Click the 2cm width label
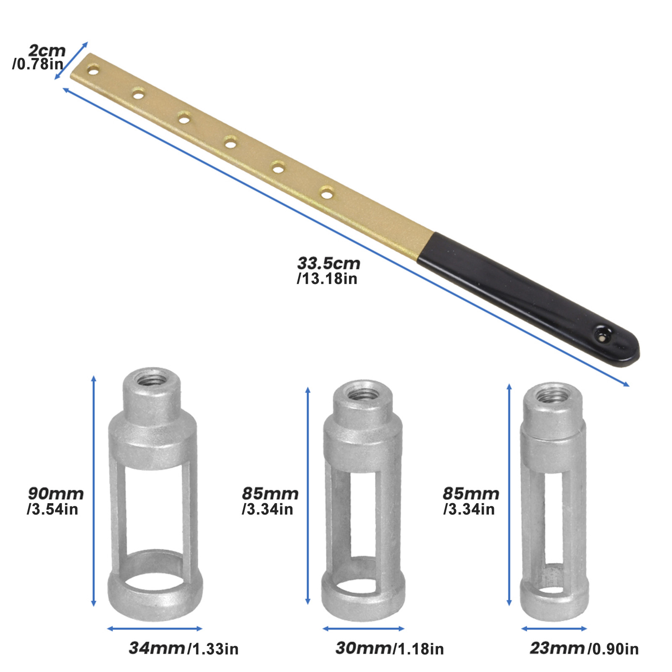pos(47,51)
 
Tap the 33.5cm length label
pos(328,263)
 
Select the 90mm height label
pos(56,493)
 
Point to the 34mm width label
pos(157,648)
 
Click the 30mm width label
pos(364,648)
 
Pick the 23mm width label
pos(557,648)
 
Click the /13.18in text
pos(327,279)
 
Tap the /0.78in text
pos(38,64)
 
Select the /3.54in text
pos(52,509)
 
